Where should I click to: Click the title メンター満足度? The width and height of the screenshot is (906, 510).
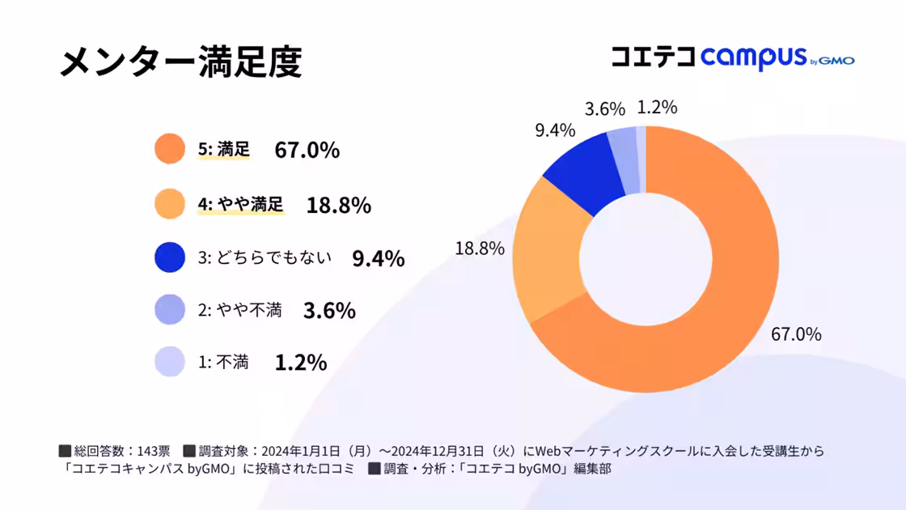click(x=180, y=62)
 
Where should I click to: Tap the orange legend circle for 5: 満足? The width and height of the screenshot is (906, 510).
click(x=170, y=150)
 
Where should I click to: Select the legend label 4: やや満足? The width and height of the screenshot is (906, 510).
click(x=241, y=204)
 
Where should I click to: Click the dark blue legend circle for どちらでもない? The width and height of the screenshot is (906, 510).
click(x=170, y=257)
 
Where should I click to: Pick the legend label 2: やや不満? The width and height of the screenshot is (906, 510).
click(x=239, y=310)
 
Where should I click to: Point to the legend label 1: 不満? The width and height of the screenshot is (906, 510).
click(x=223, y=363)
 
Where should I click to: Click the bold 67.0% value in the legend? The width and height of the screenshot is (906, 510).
click(x=307, y=151)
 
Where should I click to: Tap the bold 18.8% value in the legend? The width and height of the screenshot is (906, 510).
click(x=338, y=205)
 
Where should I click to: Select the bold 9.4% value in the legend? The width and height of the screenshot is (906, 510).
click(x=378, y=258)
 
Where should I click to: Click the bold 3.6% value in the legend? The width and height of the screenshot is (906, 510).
click(x=328, y=311)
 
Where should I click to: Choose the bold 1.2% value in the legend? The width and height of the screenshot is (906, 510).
click(x=300, y=363)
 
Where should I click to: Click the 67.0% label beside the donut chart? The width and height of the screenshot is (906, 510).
click(x=796, y=334)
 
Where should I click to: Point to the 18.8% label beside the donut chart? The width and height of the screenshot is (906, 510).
click(x=479, y=249)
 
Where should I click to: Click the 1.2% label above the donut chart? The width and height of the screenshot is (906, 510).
click(x=657, y=108)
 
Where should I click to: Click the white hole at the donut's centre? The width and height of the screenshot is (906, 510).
click(x=646, y=260)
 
